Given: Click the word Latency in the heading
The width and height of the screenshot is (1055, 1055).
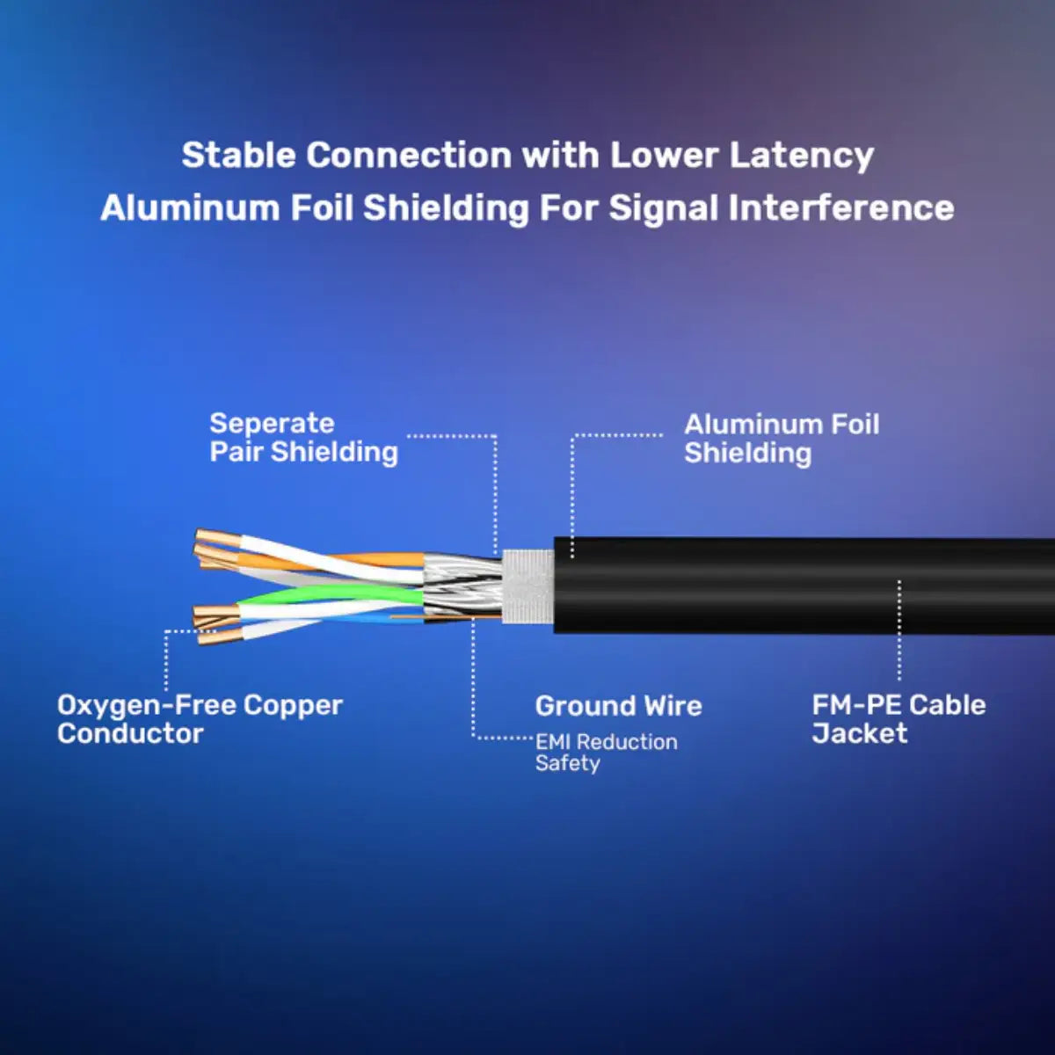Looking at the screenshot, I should (801, 156).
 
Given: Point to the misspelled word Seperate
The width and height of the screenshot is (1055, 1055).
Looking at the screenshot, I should (272, 424).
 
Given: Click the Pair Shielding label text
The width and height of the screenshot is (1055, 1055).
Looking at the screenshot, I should (303, 452).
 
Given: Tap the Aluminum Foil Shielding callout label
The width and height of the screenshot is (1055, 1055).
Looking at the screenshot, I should (781, 438).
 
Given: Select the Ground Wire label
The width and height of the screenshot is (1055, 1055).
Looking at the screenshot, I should (618, 706).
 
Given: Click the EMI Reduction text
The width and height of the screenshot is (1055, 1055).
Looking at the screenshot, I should (606, 742).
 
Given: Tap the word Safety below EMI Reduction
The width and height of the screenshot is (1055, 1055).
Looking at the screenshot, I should (567, 763).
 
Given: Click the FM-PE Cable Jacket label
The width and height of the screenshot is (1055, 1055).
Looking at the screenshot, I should (898, 718).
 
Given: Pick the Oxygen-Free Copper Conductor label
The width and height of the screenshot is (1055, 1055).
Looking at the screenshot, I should (199, 718).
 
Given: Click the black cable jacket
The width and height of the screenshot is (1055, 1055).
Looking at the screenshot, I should (791, 585).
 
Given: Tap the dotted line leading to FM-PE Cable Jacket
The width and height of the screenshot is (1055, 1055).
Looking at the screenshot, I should (899, 633).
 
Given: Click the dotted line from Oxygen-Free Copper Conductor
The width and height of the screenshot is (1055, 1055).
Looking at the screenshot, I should (166, 659).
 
